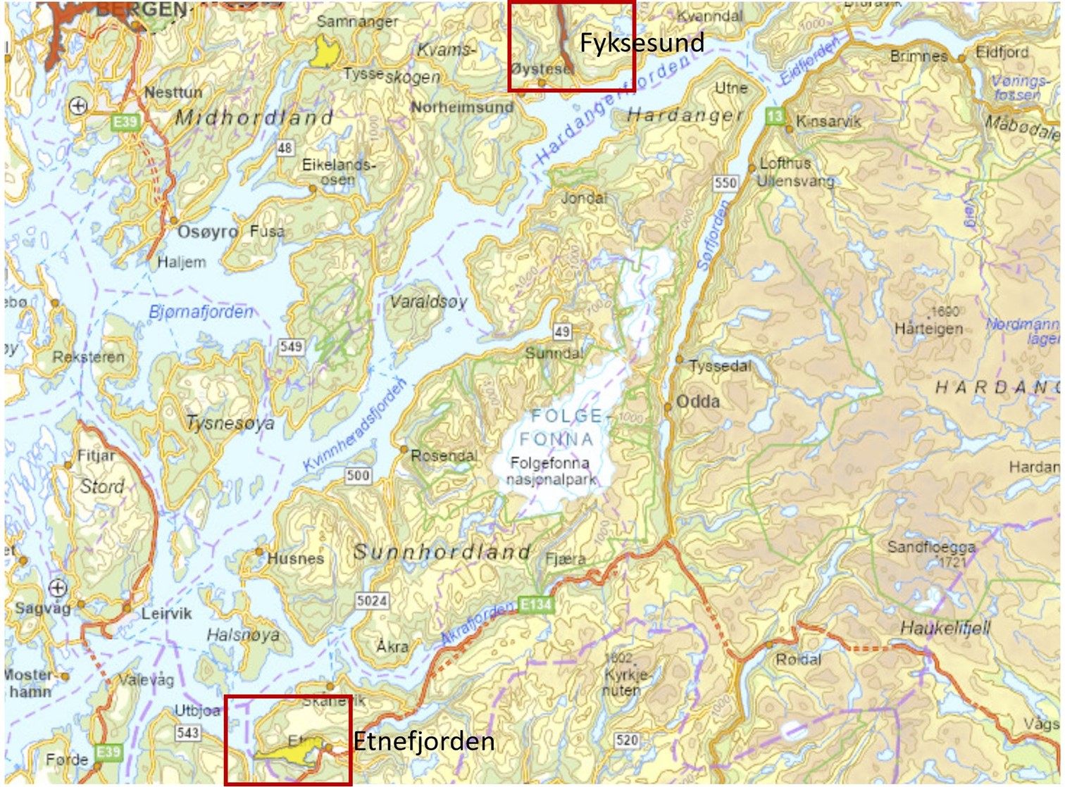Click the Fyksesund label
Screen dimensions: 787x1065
click(641, 43)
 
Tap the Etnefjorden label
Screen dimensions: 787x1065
click(423, 741)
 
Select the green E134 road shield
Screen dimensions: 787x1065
click(535, 604)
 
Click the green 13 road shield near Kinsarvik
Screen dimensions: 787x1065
click(775, 117)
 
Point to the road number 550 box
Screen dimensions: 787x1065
click(725, 183)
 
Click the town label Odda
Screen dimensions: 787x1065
click(697, 402)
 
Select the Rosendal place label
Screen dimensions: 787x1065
click(444, 455)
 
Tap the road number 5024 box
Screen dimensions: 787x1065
click(371, 600)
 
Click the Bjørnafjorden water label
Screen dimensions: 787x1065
click(201, 312)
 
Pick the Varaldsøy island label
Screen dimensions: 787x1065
click(428, 302)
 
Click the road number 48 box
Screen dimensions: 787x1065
click(285, 148)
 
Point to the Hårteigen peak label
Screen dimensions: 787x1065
click(928, 329)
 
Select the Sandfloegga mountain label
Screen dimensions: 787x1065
click(931, 547)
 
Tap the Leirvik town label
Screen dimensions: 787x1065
click(166, 613)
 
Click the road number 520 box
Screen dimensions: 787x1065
click(626, 740)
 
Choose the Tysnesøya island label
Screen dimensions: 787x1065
click(230, 423)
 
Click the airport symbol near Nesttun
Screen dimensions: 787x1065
click(78, 106)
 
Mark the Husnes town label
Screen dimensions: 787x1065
click(295, 559)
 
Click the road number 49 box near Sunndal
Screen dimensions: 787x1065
click(561, 332)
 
